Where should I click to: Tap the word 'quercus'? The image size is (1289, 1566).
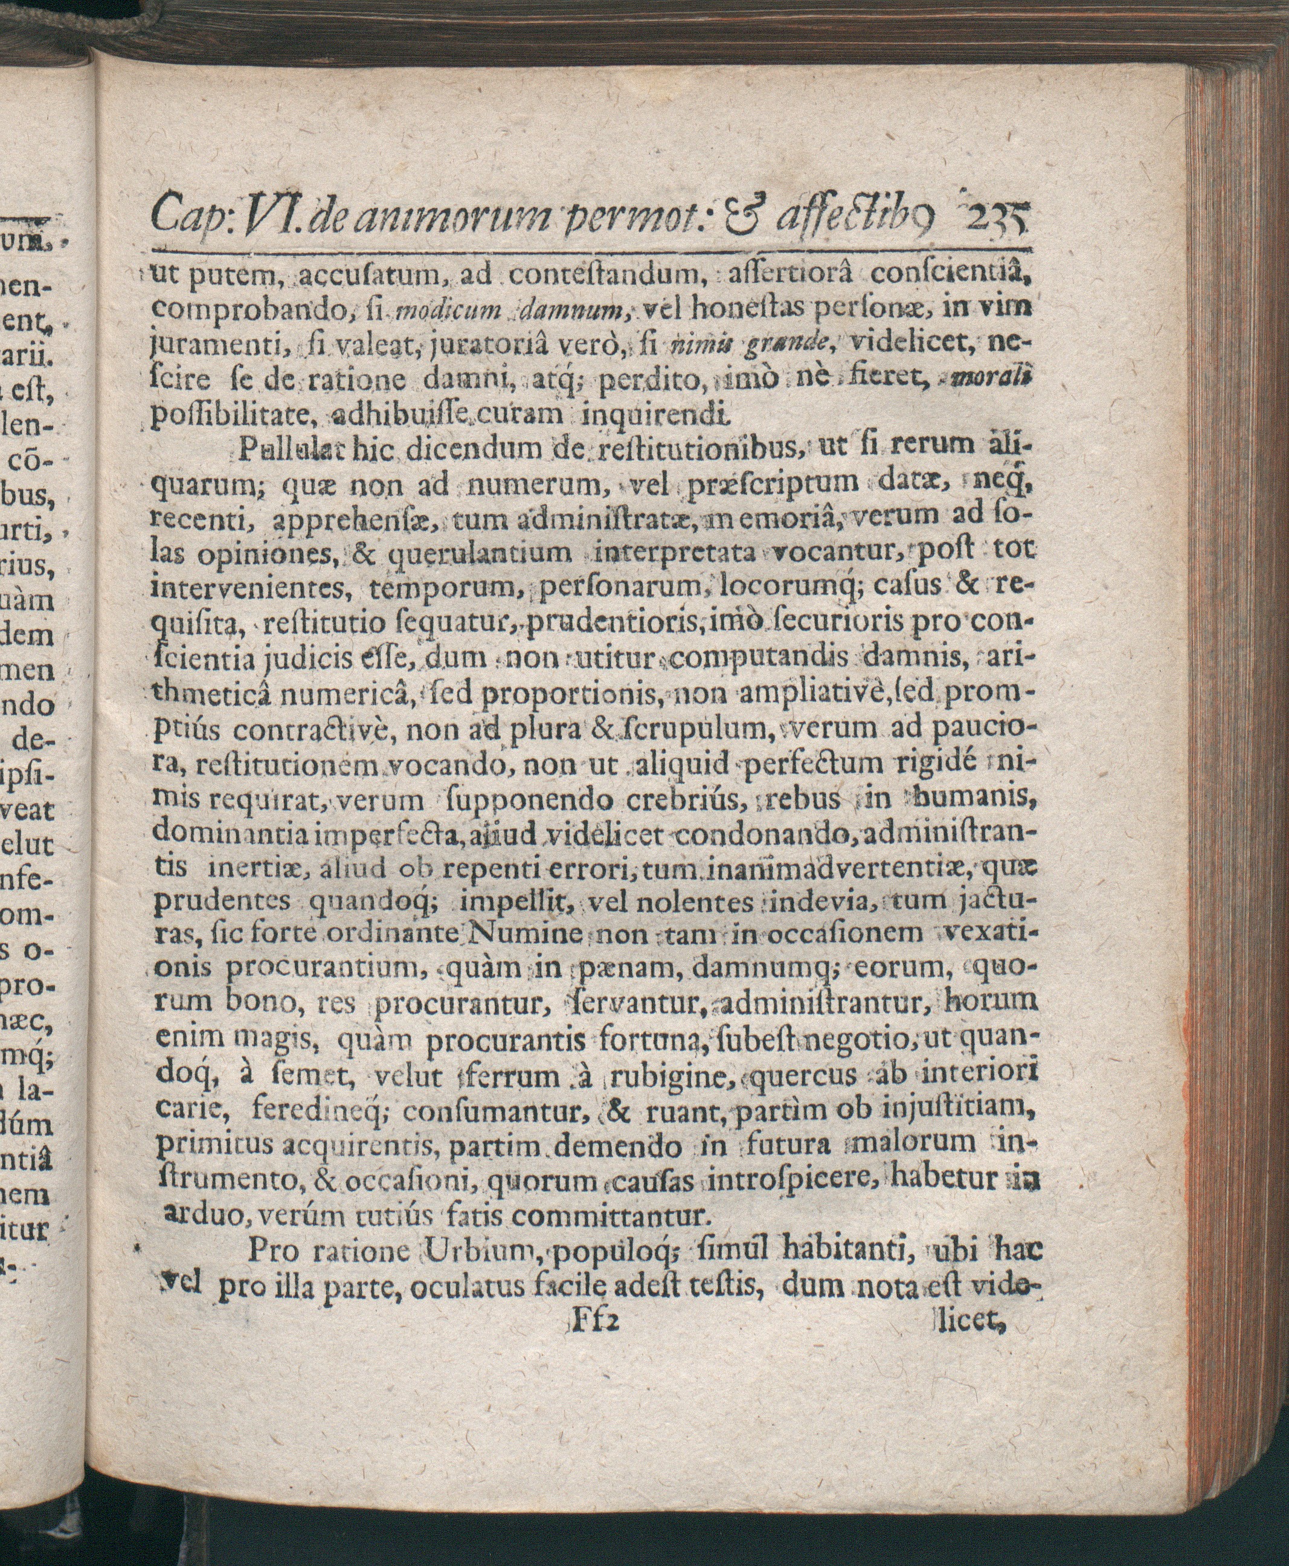803,1076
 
